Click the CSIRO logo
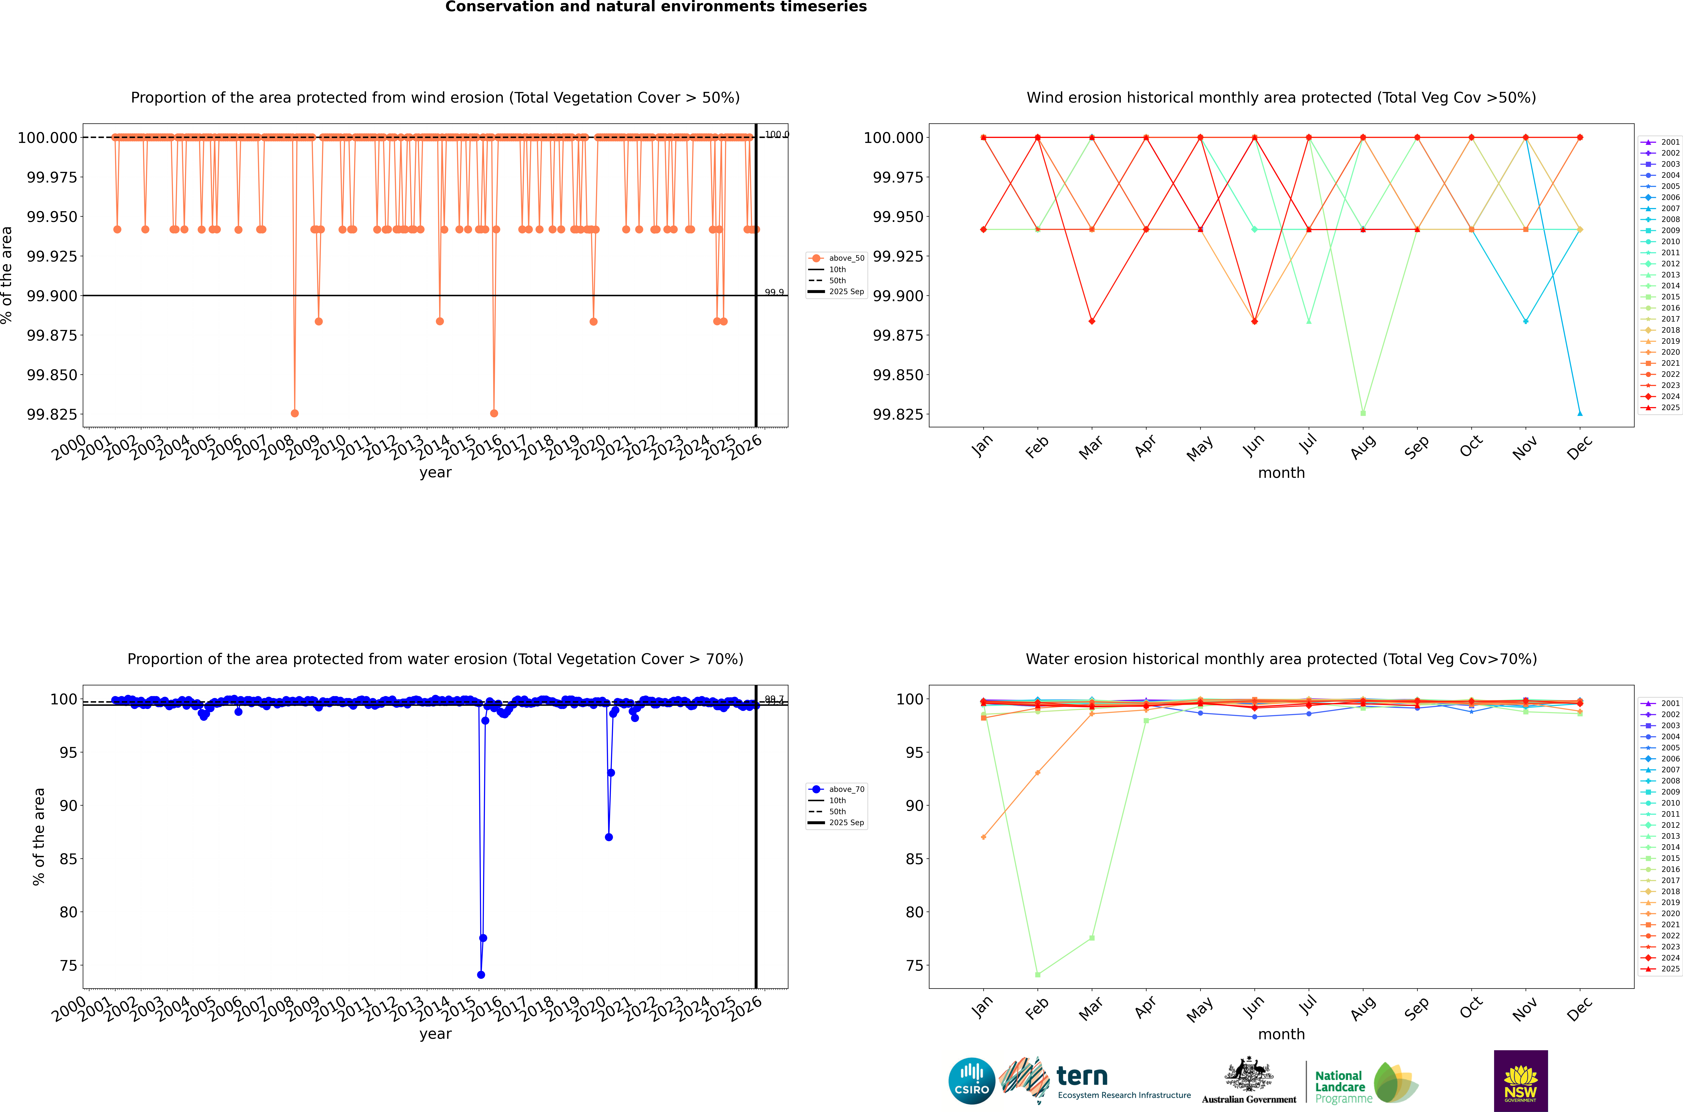click(972, 1081)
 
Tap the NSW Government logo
click(1521, 1081)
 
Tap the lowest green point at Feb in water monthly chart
click(1038, 974)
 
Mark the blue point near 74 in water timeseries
click(481, 974)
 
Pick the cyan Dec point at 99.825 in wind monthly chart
click(1579, 413)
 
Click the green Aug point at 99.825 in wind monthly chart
click(1363, 413)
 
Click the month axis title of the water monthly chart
click(1281, 1034)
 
